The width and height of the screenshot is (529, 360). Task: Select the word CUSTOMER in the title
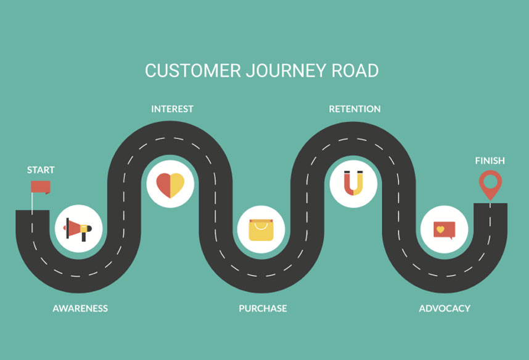click(x=192, y=70)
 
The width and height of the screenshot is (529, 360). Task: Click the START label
click(x=41, y=170)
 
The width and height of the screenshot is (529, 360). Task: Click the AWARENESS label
click(x=80, y=308)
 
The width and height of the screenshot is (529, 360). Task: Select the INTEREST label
click(x=172, y=109)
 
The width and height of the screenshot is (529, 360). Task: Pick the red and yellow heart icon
click(x=170, y=184)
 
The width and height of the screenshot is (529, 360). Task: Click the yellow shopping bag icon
click(x=260, y=230)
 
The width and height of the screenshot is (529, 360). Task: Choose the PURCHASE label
click(x=263, y=308)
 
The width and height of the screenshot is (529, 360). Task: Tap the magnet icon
click(x=353, y=183)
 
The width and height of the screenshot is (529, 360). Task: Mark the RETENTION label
click(x=355, y=109)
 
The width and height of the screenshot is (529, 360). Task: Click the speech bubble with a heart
click(x=444, y=230)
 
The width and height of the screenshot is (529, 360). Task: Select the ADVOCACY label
click(x=445, y=308)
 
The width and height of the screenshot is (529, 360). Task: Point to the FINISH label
click(x=490, y=160)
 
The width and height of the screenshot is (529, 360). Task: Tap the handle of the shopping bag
click(x=260, y=224)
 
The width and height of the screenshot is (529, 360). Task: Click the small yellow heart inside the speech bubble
click(x=440, y=229)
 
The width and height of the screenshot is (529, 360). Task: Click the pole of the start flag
click(x=32, y=200)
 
